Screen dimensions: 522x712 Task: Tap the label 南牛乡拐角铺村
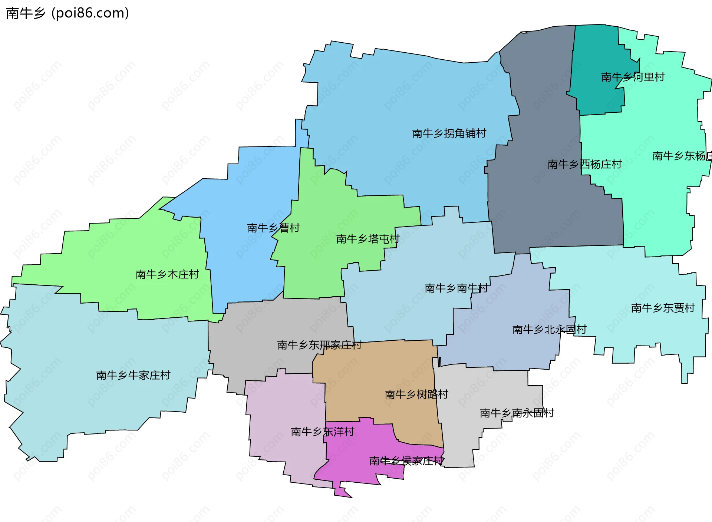(449, 133)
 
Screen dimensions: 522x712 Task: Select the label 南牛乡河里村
(633, 77)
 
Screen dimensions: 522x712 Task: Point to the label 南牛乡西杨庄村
(584, 164)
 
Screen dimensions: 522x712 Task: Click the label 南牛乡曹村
(273, 228)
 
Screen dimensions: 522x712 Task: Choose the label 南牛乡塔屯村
(368, 239)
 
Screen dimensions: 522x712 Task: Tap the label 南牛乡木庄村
(167, 274)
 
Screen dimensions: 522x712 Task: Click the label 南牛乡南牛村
(456, 288)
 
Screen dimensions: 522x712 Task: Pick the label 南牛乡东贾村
(663, 308)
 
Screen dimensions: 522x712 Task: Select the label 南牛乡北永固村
(549, 330)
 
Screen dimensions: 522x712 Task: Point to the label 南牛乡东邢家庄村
(319, 345)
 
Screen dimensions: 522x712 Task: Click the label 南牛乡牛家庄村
(133, 375)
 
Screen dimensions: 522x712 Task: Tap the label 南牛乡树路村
(416, 394)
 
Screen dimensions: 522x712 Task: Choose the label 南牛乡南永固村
(517, 413)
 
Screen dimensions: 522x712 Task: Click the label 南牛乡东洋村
(323, 432)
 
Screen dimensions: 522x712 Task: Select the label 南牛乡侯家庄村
(406, 461)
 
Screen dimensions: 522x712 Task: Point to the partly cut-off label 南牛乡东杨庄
(682, 156)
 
